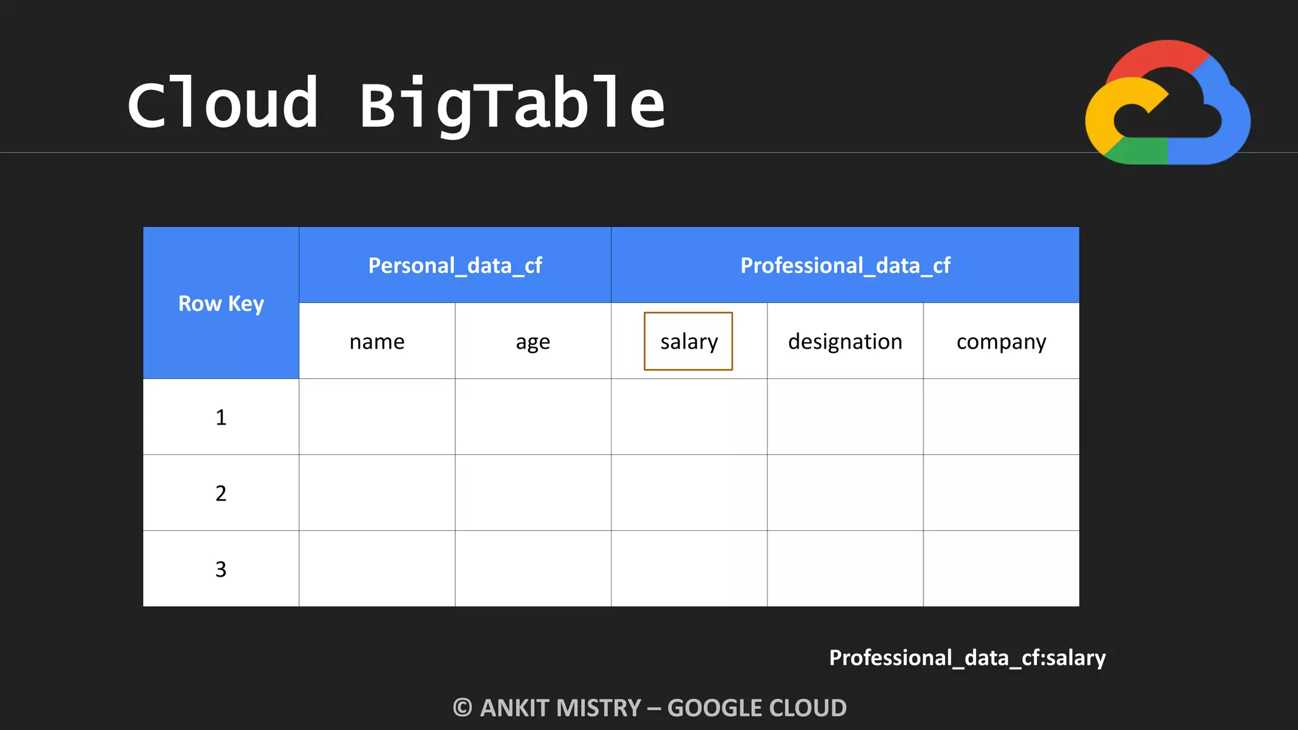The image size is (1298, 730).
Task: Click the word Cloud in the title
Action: (x=222, y=104)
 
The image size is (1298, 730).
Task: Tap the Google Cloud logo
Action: (x=1167, y=103)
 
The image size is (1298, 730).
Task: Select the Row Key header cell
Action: (x=221, y=304)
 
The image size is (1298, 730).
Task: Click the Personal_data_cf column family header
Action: (x=455, y=266)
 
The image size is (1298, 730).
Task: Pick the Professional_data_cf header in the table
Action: (x=845, y=266)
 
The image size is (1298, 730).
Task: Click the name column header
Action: (x=376, y=342)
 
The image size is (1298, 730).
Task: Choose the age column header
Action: (x=532, y=342)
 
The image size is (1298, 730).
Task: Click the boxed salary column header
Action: (x=688, y=342)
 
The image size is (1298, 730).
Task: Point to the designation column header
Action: (x=845, y=342)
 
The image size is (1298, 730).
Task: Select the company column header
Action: (x=1001, y=342)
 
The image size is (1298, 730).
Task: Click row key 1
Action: (x=221, y=418)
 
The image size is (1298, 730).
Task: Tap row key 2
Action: (x=221, y=493)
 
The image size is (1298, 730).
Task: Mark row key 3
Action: (x=221, y=569)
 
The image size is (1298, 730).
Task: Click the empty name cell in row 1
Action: (x=376, y=417)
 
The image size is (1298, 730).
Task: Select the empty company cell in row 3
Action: (x=1001, y=568)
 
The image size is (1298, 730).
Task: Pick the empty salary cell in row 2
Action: (x=689, y=492)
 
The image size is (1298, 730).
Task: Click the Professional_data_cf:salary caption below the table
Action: (x=967, y=658)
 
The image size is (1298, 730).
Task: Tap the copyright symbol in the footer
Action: (x=463, y=708)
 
